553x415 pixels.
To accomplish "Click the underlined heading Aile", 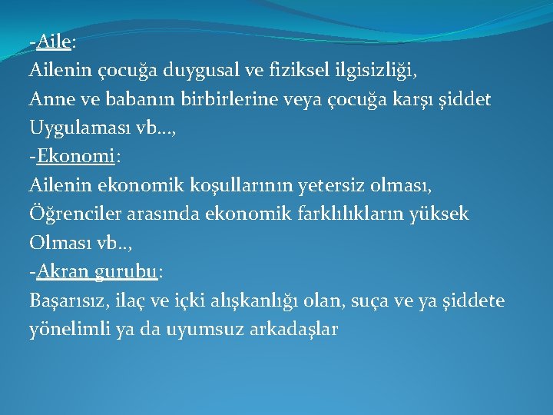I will point(53,42).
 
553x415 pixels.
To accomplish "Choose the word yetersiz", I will point(321,185).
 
